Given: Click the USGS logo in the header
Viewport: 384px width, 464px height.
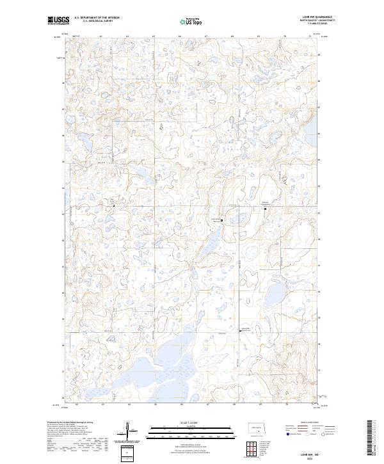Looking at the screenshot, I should coord(59,20).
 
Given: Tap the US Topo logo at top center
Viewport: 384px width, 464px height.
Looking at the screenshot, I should coord(193,20).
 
